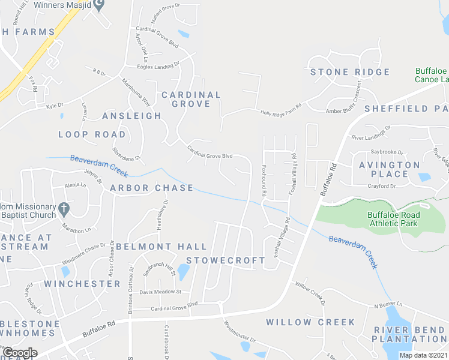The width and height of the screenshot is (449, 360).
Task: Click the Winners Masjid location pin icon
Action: point(101,5)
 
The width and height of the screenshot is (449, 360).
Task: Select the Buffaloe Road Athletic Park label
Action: point(394,219)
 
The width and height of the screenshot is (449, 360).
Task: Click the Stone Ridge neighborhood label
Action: point(350,73)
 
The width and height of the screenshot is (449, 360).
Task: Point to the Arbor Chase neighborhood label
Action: point(152,188)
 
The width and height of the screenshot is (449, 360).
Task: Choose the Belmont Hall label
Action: point(161,247)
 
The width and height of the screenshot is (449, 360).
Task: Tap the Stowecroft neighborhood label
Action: point(226,260)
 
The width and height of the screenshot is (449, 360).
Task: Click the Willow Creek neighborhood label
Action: point(311,322)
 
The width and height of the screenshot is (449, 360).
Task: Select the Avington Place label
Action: point(389,169)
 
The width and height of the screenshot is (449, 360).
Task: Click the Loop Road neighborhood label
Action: point(92,134)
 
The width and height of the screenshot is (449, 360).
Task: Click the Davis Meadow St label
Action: point(160,292)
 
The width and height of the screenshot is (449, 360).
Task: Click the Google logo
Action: point(19,352)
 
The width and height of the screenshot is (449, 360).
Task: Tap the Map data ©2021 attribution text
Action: point(422,355)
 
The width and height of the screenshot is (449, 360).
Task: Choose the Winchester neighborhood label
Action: point(82,283)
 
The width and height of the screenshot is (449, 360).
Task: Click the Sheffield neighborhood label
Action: point(406,109)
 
